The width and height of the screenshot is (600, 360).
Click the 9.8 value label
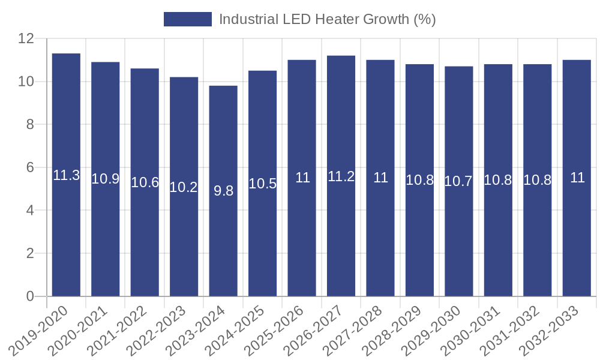(x=223, y=191)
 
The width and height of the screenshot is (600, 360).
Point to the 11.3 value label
(x=66, y=175)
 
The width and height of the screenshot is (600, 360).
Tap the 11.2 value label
(x=341, y=176)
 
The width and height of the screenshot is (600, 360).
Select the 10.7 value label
(x=459, y=181)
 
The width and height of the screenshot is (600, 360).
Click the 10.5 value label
(x=262, y=184)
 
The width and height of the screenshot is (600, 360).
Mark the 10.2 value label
(x=184, y=187)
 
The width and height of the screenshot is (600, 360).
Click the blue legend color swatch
(x=187, y=19)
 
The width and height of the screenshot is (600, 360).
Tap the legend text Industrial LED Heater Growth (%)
(x=327, y=19)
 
